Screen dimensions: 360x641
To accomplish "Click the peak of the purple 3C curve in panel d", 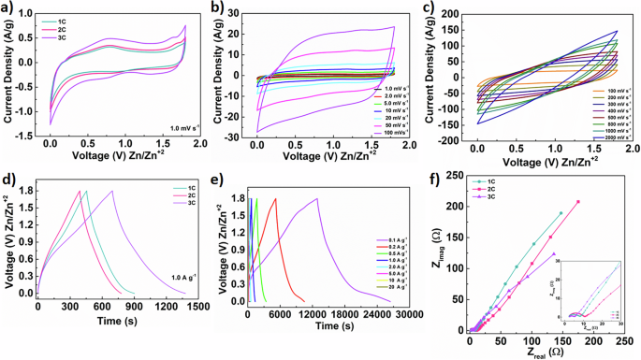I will [112, 191].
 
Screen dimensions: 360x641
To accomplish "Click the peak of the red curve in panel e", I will [275, 198].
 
